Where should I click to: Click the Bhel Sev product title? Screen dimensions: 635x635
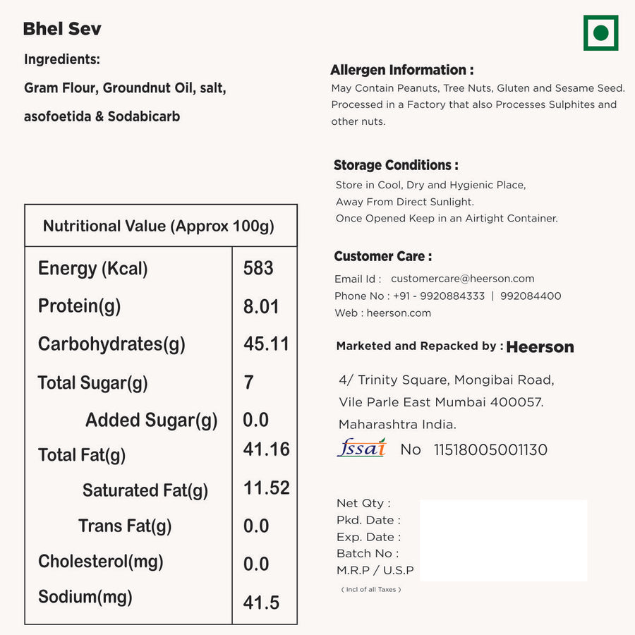[62, 29]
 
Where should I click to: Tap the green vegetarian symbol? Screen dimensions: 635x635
[600, 33]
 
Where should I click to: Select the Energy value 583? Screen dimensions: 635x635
[258, 268]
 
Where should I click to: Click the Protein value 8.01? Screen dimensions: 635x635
[261, 306]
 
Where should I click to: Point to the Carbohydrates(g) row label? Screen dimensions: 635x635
[111, 344]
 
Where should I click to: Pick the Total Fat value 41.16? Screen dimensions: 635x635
[267, 449]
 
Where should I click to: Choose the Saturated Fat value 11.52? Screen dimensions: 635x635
[267, 488]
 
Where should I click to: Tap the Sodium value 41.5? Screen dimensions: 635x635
[261, 602]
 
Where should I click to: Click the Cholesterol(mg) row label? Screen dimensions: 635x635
[101, 562]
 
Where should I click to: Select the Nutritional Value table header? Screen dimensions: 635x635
[159, 226]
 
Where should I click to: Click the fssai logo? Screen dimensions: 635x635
[362, 448]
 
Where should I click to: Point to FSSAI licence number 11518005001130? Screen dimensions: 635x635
[490, 449]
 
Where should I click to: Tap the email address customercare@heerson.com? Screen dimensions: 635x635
[462, 279]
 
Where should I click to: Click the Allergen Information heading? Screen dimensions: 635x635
[401, 70]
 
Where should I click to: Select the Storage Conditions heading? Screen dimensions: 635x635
[396, 165]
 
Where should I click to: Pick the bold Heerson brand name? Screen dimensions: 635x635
[540, 346]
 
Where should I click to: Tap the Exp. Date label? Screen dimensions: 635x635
[368, 537]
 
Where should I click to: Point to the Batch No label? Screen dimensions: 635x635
[367, 553]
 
